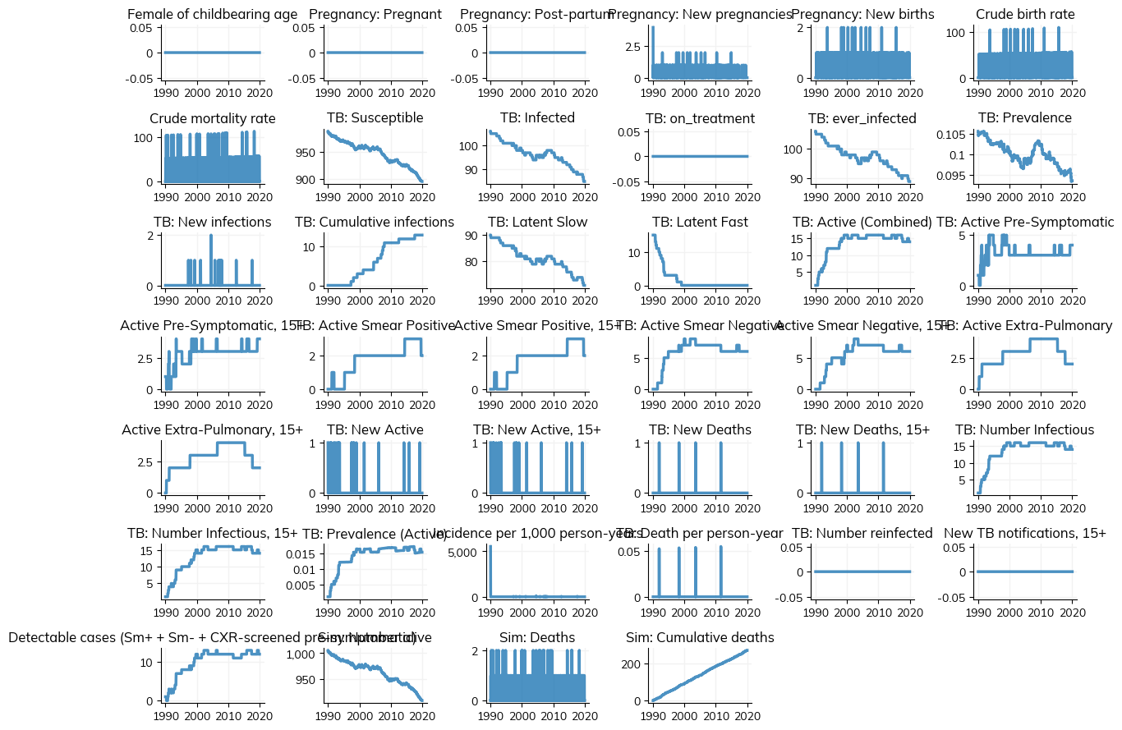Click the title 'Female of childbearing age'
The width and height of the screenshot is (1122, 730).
[212, 14]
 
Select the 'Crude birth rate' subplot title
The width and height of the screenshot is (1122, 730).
[1024, 14]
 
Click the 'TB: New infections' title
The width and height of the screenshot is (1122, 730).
[212, 222]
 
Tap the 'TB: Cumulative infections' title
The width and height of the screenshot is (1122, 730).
[375, 222]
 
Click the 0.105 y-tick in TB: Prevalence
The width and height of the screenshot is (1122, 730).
[957, 135]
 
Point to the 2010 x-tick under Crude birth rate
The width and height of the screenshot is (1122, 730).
[1042, 93]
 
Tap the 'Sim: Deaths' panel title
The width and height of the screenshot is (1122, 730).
[536, 637]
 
